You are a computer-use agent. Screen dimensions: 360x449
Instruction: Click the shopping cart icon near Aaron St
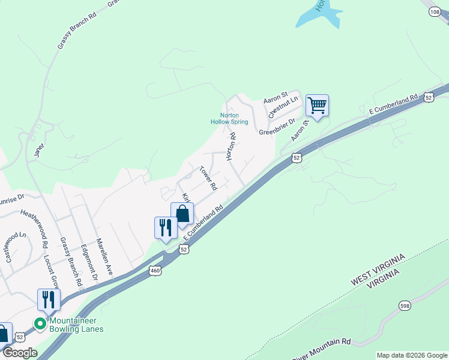click(317, 106)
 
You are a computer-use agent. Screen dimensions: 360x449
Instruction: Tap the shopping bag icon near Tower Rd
click(182, 214)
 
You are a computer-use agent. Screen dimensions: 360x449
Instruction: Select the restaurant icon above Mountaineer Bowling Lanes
click(49, 299)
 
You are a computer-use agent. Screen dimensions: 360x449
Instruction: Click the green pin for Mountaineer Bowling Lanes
click(40, 324)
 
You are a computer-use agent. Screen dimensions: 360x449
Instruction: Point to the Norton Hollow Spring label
click(229, 118)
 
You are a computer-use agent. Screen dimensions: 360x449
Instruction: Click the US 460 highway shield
click(155, 271)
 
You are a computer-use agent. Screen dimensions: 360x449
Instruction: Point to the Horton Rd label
click(231, 147)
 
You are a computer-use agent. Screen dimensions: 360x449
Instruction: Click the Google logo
click(19, 353)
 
